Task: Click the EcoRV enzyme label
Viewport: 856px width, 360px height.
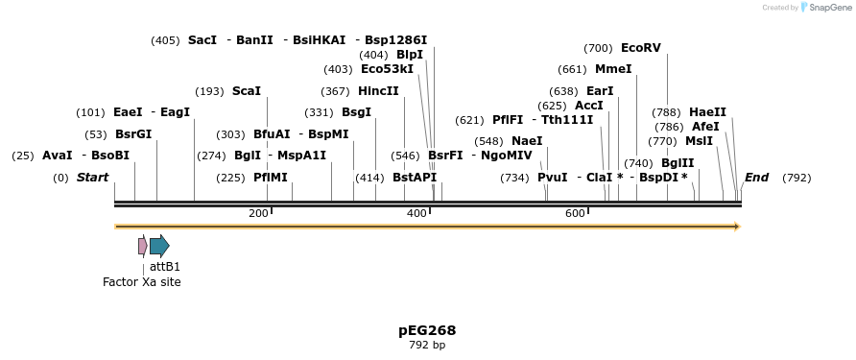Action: pyautogui.click(x=640, y=48)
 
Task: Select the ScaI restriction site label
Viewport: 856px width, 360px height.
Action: pyautogui.click(x=246, y=91)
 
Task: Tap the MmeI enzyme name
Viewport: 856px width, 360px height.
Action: pyautogui.click(x=613, y=69)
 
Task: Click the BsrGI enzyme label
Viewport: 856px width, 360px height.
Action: pyautogui.click(x=133, y=134)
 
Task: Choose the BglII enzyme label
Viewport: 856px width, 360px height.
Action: pyautogui.click(x=677, y=163)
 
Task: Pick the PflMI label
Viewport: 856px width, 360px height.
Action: pyautogui.click(x=270, y=178)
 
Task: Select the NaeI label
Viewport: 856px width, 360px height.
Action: pyautogui.click(x=526, y=141)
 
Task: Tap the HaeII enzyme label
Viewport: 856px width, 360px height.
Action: pyautogui.click(x=707, y=112)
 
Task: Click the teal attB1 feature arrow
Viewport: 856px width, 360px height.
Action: pyautogui.click(x=159, y=246)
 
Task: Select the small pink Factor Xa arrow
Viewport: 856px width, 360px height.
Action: pyautogui.click(x=143, y=246)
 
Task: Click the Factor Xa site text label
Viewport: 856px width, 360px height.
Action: pyautogui.click(x=142, y=282)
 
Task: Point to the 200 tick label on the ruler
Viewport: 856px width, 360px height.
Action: pyautogui.click(x=258, y=213)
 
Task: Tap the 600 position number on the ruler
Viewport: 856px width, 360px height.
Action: pyautogui.click(x=575, y=213)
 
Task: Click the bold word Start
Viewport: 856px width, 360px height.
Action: pyautogui.click(x=92, y=178)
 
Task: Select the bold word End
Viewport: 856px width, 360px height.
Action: pyautogui.click(x=756, y=178)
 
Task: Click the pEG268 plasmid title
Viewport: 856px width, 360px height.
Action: pyautogui.click(x=427, y=330)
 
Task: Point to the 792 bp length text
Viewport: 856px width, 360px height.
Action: pyautogui.click(x=427, y=345)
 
